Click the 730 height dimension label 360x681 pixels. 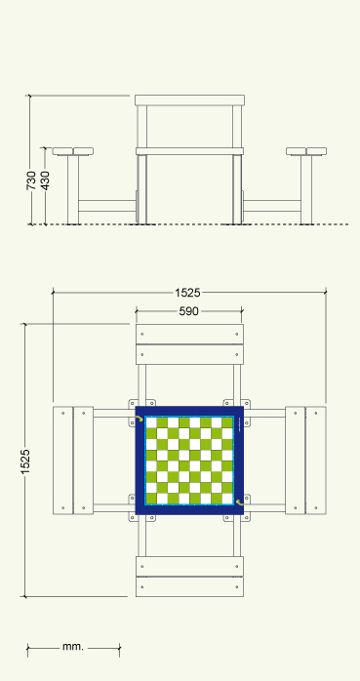tap(31, 180)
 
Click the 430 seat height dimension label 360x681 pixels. tap(45, 180)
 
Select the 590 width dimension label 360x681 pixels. tap(189, 311)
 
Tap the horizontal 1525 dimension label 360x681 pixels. tap(187, 293)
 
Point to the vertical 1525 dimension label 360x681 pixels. tap(25, 461)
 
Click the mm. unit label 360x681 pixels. tap(72, 646)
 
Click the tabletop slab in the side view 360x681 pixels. tap(190, 100)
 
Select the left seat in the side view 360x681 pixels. tap(73, 151)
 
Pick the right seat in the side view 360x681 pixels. tap(306, 151)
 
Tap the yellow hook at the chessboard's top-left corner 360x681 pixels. tap(139, 419)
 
